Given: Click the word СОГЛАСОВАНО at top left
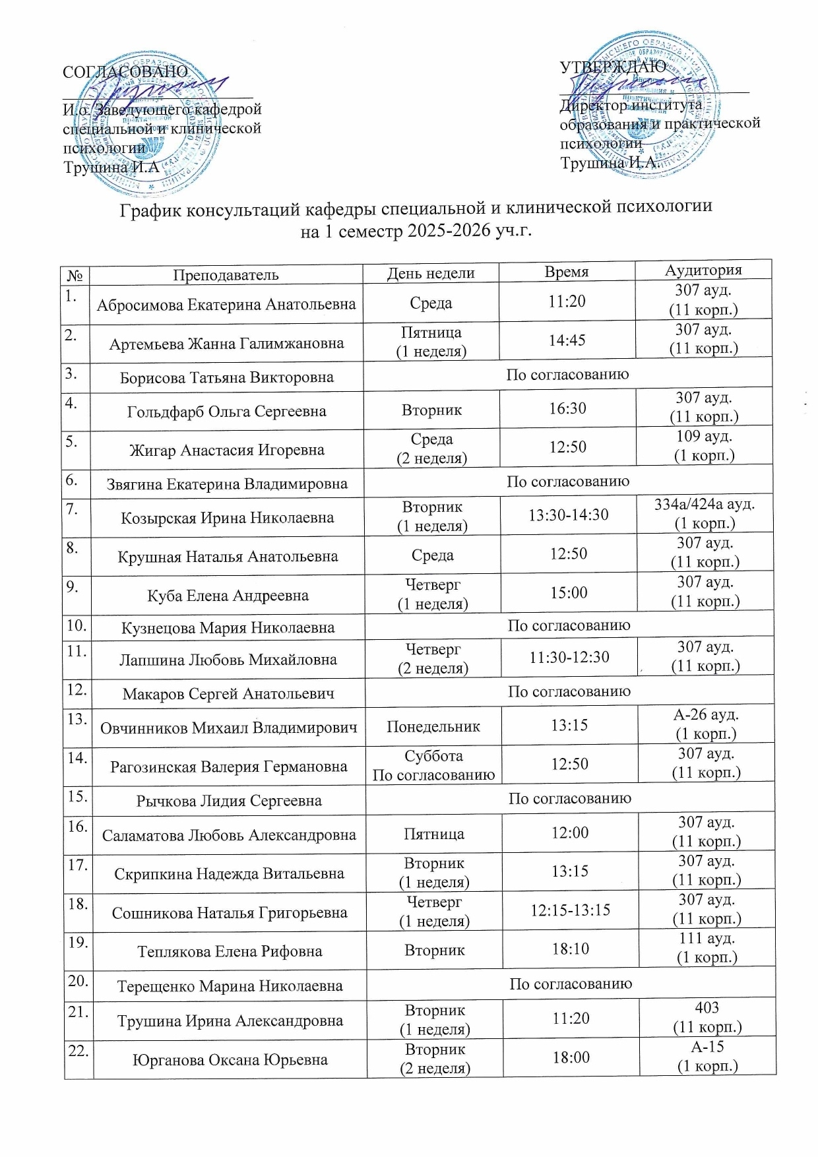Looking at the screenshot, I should coord(125,71).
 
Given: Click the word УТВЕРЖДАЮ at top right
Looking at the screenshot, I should coord(612,67).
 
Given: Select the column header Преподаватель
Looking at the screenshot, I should coord(226,275).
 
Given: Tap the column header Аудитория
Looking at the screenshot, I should coord(703,270).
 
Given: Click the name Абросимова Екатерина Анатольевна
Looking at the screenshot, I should coord(226,305).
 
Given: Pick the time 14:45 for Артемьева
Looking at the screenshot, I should coord(567,341).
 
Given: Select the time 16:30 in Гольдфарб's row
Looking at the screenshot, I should coord(567,409).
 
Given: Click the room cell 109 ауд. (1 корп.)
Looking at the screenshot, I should coord(704,446).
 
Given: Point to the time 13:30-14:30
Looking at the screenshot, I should coord(568,515).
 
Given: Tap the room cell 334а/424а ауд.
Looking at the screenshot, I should coord(705,505).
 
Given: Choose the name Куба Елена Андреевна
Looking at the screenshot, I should coord(228,596).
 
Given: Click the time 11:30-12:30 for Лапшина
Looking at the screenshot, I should coord(569,658).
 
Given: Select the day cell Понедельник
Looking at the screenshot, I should coord(433,727).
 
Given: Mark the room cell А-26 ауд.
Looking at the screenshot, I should coord(706,715).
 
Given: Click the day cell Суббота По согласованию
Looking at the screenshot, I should coord(433,765).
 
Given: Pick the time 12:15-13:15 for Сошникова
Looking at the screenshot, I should coord(571,911).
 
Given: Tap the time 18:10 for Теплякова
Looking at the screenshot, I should coord(571,949).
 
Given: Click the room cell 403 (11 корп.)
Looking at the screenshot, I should coord(707,1017).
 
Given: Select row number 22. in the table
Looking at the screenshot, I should coord(78,1051).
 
